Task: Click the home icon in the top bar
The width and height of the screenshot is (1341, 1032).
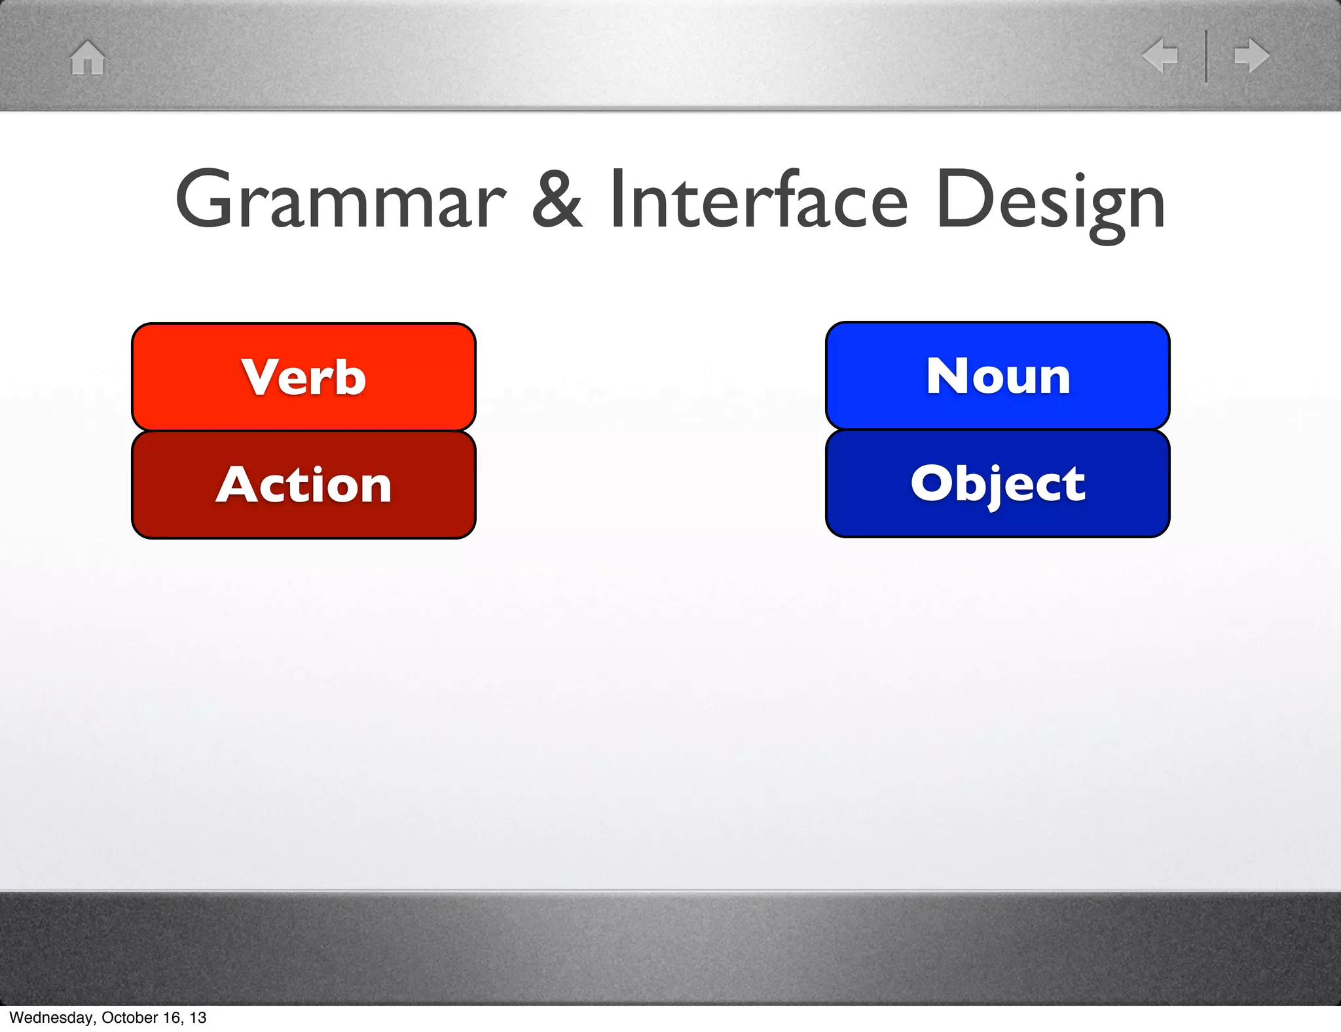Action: tap(88, 58)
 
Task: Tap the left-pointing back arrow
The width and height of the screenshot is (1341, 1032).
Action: tap(1160, 55)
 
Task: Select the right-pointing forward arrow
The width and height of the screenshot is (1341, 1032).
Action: tap(1251, 55)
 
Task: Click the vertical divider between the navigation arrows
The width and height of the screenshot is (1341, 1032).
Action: tap(1206, 56)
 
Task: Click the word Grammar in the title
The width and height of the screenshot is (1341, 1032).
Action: tap(340, 200)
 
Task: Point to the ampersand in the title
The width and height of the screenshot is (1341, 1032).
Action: tap(557, 199)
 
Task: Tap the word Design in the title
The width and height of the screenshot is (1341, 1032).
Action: tap(1050, 200)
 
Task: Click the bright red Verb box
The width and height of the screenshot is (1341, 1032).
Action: tap(303, 377)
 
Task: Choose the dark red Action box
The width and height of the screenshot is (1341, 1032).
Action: tap(303, 485)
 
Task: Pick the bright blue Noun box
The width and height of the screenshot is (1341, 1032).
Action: tap(997, 376)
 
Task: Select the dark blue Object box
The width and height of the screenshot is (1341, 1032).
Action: tap(997, 483)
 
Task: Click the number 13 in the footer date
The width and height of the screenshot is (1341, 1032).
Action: tap(198, 1018)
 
